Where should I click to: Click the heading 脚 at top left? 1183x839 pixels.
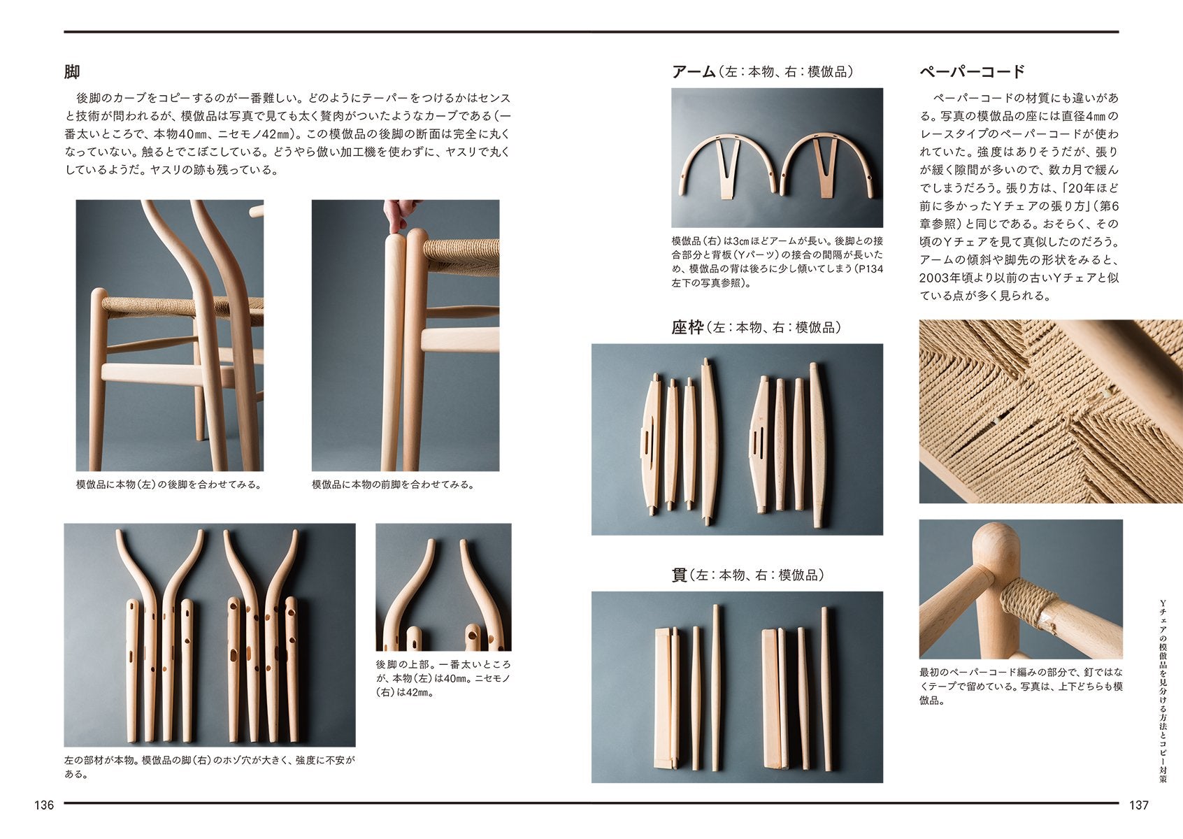tap(72, 71)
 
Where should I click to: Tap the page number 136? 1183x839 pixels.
tap(44, 805)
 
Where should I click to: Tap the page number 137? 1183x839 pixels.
tap(1139, 805)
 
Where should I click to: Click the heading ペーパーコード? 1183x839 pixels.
tap(972, 71)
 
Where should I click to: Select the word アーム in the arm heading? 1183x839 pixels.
tap(694, 71)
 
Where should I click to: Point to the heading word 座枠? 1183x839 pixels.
tap(687, 327)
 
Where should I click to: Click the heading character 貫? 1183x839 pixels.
tap(679, 575)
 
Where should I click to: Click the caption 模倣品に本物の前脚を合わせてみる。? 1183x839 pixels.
tap(393, 485)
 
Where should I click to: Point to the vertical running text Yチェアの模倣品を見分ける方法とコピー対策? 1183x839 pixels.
tap(1163, 691)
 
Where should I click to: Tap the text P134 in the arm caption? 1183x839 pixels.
tap(870, 268)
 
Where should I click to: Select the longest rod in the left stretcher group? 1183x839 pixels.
tap(716, 689)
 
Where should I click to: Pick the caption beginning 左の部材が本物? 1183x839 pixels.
tap(210, 767)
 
